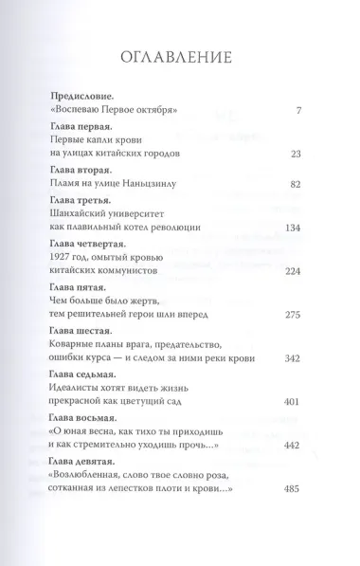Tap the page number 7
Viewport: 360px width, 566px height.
click(x=297, y=112)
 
